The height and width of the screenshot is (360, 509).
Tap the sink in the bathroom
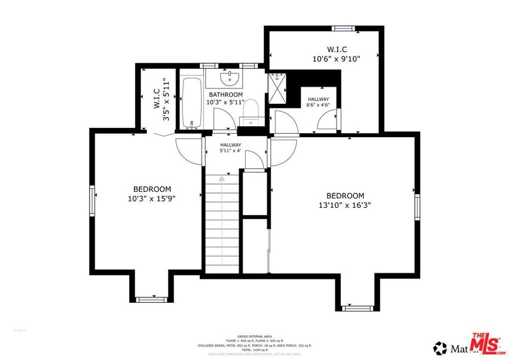click(230, 78)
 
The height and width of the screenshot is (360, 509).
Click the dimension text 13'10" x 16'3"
click(345, 204)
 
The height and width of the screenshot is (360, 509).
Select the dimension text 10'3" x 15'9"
click(152, 198)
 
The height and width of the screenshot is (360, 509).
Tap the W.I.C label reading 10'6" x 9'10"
click(337, 54)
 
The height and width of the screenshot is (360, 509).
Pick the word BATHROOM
click(225, 94)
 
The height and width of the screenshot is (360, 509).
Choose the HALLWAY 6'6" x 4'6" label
click(318, 102)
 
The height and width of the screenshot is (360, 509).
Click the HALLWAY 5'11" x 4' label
click(231, 147)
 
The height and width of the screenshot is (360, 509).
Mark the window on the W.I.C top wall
click(342, 28)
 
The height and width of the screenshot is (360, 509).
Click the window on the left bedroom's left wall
click(92, 200)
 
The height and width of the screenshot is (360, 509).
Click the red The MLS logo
click(485, 343)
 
